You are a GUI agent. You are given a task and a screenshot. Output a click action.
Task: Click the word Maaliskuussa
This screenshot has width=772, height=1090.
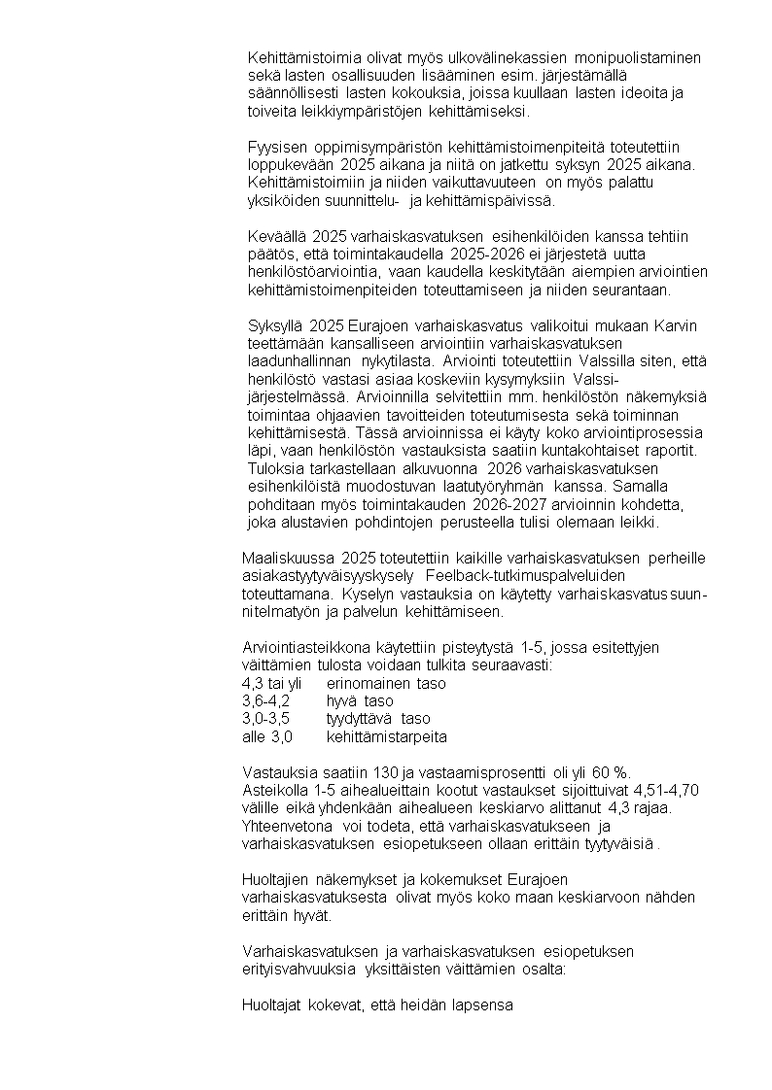pyautogui.click(x=289, y=558)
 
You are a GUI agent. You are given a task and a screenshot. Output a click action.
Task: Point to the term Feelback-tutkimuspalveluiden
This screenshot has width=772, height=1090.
pyautogui.click(x=523, y=575)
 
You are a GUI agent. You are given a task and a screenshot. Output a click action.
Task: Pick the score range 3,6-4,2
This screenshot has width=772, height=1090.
pyautogui.click(x=265, y=700)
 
